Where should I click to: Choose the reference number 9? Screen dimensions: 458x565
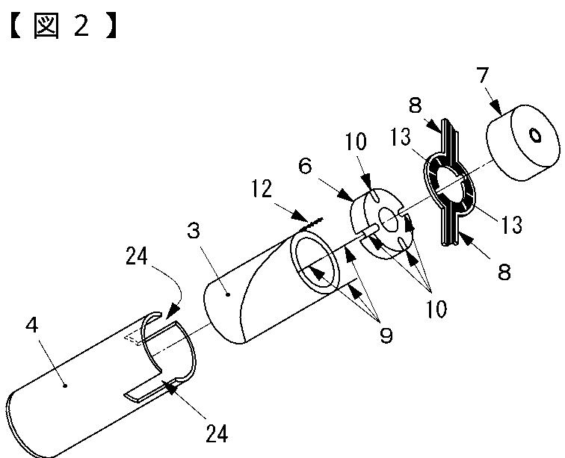point(386,335)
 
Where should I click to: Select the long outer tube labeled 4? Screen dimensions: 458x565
point(90,389)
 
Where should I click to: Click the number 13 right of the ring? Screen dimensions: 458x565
point(511,223)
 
